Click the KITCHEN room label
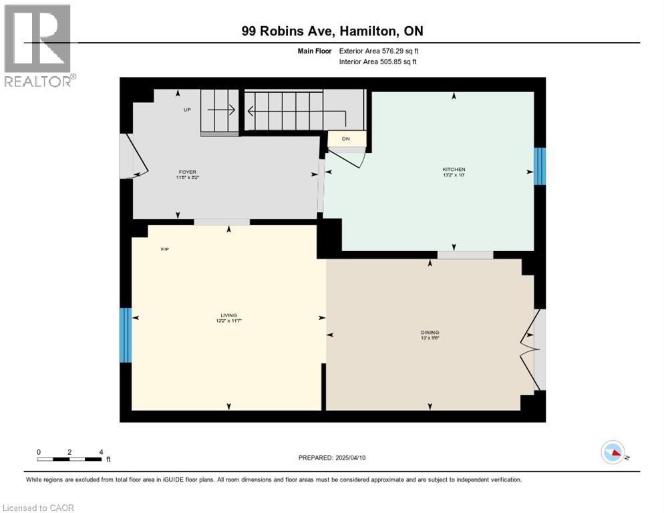point(453,170)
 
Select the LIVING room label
point(229,316)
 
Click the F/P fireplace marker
point(165,250)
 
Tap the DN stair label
point(345,139)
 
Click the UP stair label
point(188,110)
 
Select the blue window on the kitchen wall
point(540,166)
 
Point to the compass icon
point(613,453)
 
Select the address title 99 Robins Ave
point(332,31)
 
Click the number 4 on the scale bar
point(101,452)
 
